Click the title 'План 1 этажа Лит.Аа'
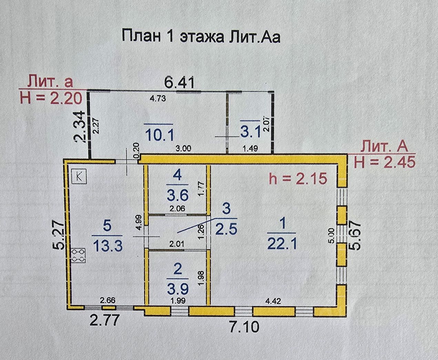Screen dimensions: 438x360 tap(201, 36)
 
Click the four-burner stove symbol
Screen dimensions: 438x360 tap(78, 256)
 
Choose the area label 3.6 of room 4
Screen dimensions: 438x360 tap(177, 195)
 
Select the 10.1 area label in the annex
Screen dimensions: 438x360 tap(158, 134)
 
